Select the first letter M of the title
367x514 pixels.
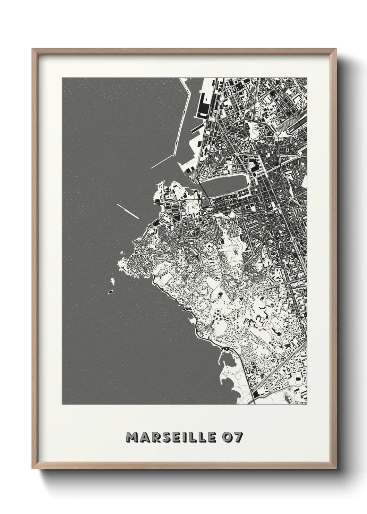pos(132,437)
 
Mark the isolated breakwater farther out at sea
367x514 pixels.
pos(128,211)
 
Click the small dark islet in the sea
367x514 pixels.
pos(110,292)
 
